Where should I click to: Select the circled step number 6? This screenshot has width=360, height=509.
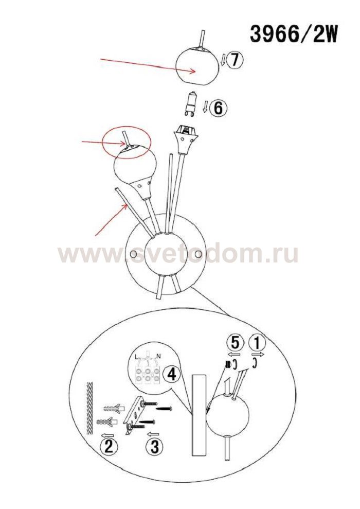click(218, 108)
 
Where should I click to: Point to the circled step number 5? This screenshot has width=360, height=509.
click(236, 342)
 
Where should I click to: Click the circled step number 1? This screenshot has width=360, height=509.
click(257, 342)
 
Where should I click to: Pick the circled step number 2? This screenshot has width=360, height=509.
click(109, 447)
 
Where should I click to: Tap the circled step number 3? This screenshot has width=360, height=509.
click(155, 447)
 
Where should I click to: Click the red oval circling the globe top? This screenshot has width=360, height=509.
click(127, 142)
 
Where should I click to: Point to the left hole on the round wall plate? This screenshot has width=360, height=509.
click(133, 254)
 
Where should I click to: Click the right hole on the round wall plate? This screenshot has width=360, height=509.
click(199, 253)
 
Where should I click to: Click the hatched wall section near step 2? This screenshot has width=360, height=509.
click(90, 408)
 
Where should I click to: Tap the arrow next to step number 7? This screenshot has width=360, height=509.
click(223, 60)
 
